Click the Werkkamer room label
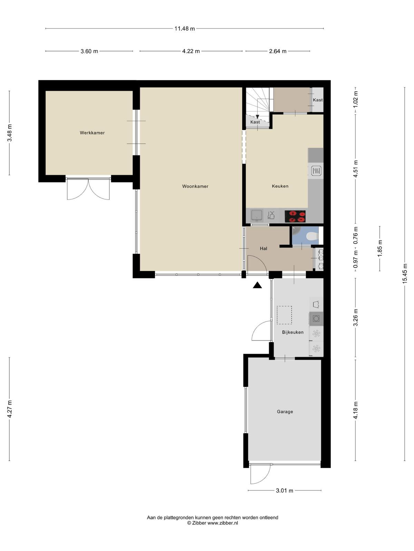(92, 133)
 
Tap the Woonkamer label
(195, 186)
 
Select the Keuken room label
(280, 186)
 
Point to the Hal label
(264, 249)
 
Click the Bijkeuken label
(293, 332)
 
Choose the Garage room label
(285, 412)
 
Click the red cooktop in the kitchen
(295, 216)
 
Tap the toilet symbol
(313, 236)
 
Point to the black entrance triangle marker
(257, 285)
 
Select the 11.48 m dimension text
(185, 29)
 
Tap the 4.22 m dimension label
(191, 51)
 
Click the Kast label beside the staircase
(255, 122)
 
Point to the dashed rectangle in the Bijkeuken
(284, 315)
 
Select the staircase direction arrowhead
(257, 117)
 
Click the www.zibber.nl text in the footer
(223, 523)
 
